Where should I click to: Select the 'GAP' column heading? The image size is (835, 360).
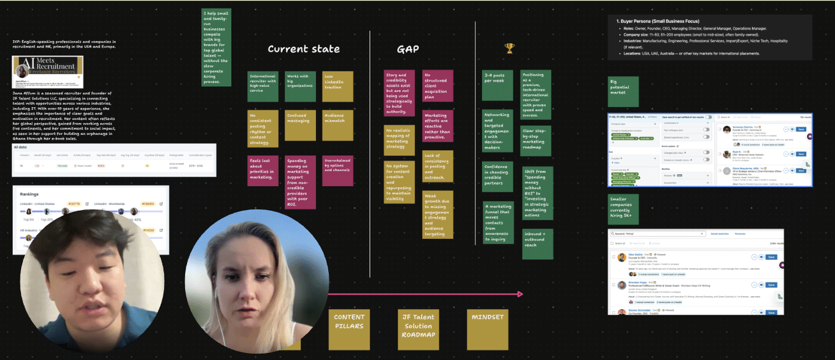coord(408,49)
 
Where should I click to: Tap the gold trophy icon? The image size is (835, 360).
coord(509,48)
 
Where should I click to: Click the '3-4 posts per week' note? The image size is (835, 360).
coord(498,85)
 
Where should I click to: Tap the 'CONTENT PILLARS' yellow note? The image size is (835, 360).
coord(349,329)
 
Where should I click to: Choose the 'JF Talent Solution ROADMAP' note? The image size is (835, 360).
coord(417,329)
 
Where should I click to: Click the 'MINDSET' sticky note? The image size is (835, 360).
coord(487,329)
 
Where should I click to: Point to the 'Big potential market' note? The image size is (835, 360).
coord(623,91)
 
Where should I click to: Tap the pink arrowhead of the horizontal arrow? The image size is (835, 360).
coord(520,294)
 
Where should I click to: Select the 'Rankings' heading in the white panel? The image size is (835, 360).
coord(29,194)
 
